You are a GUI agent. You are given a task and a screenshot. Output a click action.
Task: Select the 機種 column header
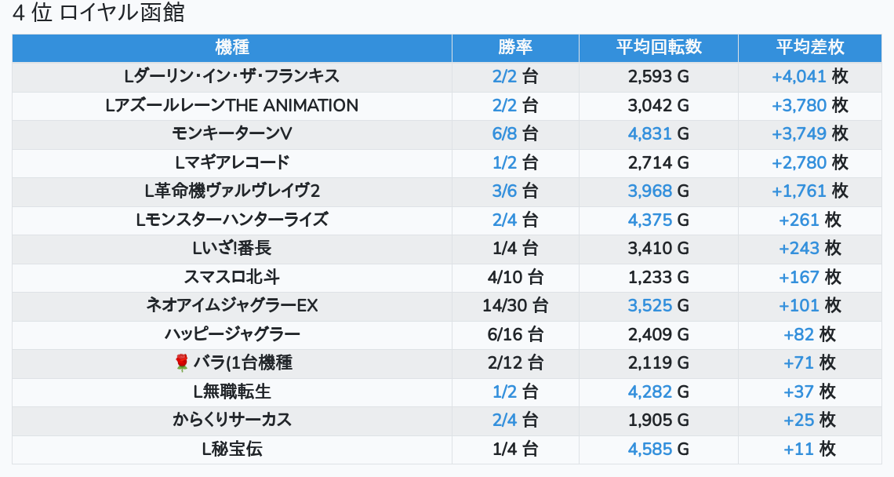point(232,47)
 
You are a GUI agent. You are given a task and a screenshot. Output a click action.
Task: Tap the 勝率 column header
point(515,47)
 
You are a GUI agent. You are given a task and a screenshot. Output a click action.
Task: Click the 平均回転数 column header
point(659,47)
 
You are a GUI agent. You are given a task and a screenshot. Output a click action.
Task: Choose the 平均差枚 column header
point(810,47)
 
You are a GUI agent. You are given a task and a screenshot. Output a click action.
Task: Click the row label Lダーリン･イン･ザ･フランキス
point(232,76)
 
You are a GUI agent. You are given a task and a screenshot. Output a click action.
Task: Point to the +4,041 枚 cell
point(810,76)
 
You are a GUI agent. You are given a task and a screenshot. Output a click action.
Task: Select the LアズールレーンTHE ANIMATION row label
point(232,105)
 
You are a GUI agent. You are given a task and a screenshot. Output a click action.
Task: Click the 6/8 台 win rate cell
point(515,133)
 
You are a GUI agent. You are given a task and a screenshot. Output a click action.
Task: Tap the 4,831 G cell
point(659,133)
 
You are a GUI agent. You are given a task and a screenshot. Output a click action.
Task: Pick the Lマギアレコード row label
point(232,162)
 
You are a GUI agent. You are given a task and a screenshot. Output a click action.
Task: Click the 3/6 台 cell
point(515,191)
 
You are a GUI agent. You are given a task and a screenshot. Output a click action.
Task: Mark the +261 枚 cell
point(810,220)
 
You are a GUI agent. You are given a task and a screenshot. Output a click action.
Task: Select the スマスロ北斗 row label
point(232,277)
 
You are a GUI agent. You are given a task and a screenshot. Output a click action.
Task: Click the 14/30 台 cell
point(515,305)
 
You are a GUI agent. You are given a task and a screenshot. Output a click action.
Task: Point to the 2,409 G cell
point(659,334)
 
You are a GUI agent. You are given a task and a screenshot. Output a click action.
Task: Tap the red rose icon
point(182,362)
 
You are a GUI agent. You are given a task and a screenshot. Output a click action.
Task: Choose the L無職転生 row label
point(232,391)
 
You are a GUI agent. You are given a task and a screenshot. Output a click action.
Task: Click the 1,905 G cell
point(659,420)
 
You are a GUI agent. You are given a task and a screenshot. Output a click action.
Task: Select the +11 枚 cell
point(810,449)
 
